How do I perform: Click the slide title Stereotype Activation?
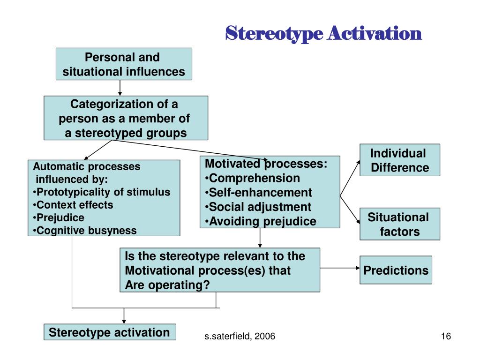[324, 33]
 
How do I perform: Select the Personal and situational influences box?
[124, 64]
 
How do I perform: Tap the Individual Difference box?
[400, 160]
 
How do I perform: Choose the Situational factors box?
[400, 224]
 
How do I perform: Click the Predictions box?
[396, 270]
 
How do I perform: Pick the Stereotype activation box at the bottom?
[110, 333]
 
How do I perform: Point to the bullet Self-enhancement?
[258, 192]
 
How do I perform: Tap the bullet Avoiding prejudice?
[261, 221]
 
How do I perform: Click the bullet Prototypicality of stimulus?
[102, 192]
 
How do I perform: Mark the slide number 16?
[445, 337]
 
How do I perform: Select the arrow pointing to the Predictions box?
[339, 268]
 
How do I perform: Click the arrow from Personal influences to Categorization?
[120, 88]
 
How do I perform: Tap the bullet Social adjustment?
[258, 207]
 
